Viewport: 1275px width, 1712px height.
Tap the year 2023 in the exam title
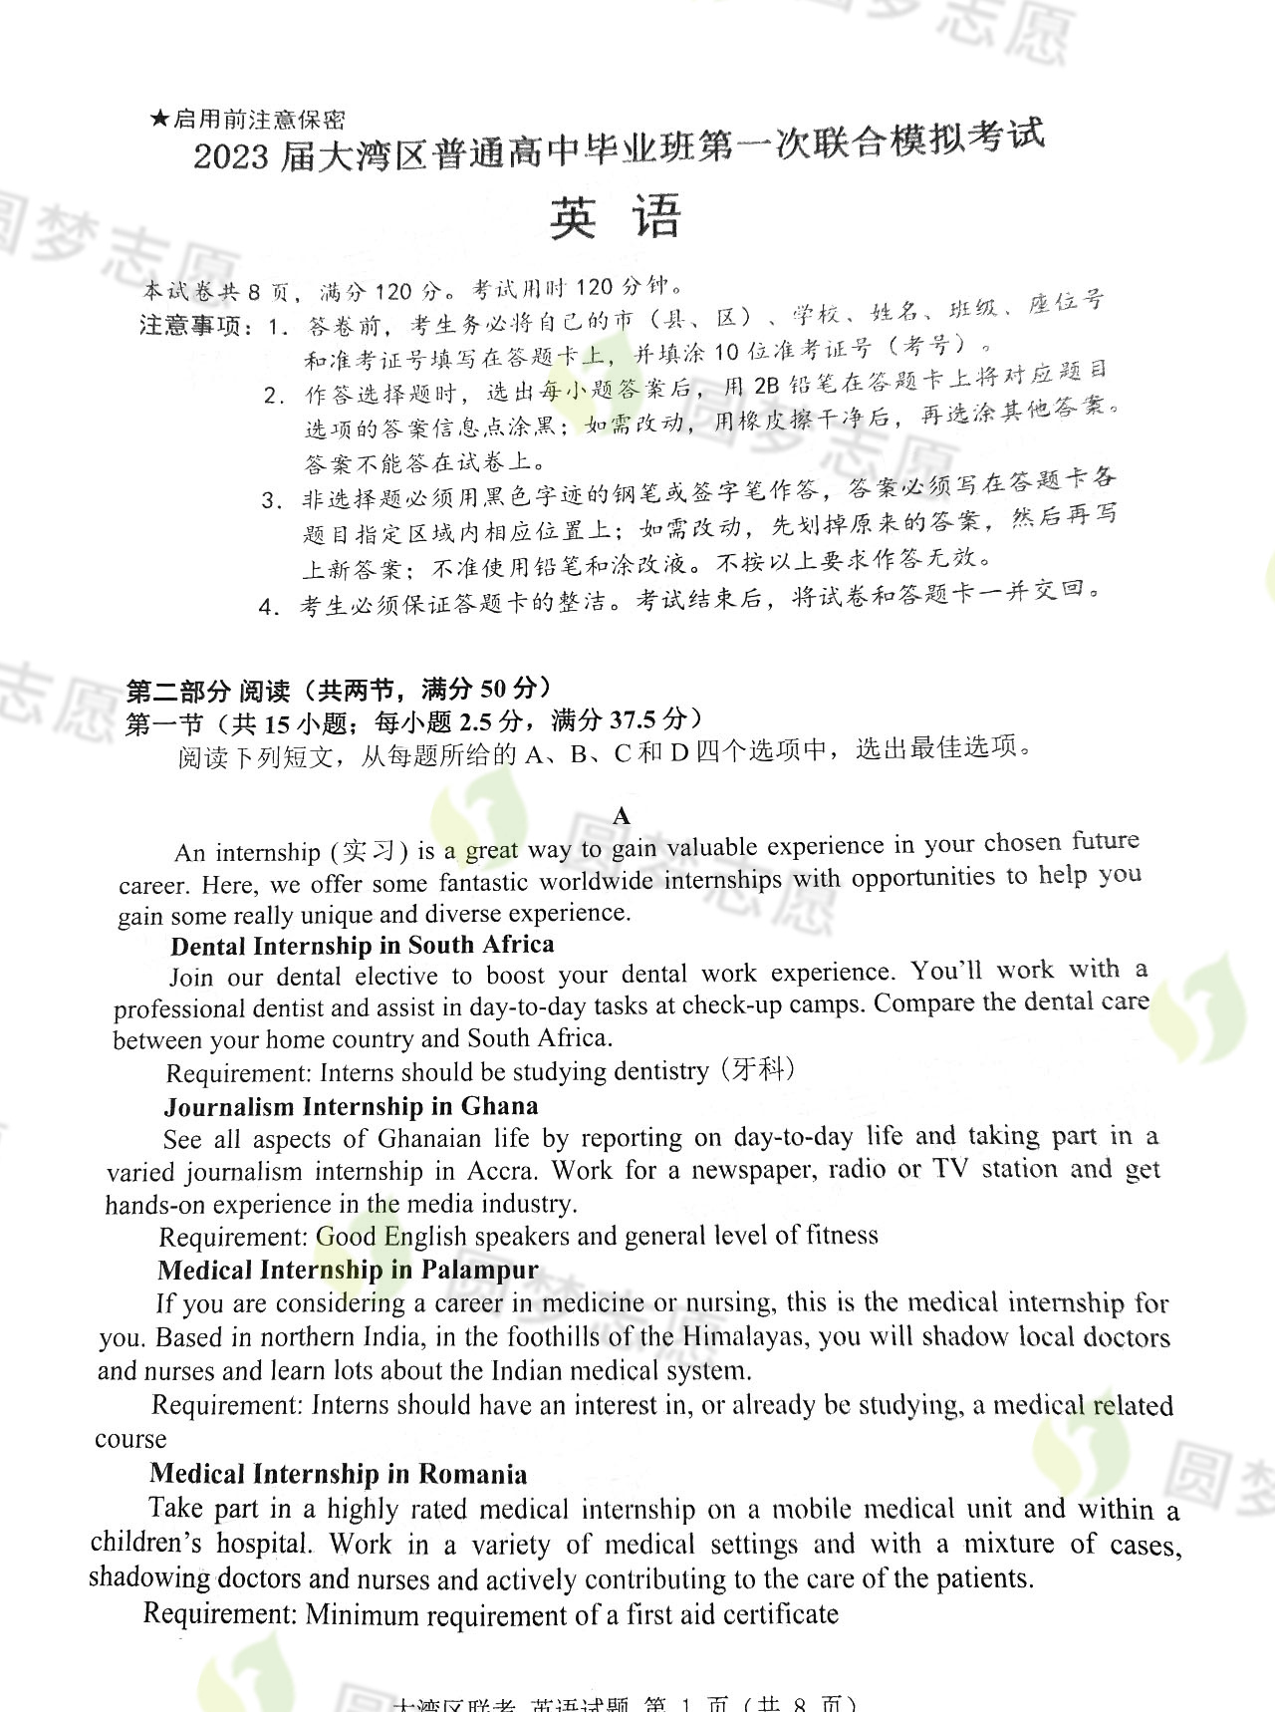click(231, 157)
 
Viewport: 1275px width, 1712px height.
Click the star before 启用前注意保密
click(159, 121)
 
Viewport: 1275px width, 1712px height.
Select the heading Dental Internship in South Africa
click(363, 945)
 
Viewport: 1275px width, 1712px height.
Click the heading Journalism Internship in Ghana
click(352, 1107)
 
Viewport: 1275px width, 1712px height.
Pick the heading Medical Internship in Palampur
click(348, 1271)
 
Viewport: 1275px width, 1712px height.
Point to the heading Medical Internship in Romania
click(339, 1474)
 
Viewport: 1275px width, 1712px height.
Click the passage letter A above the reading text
click(622, 817)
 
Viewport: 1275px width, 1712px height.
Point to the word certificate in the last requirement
click(781, 1613)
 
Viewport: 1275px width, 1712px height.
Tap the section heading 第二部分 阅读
click(207, 691)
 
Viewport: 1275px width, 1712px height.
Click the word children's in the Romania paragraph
click(146, 1543)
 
